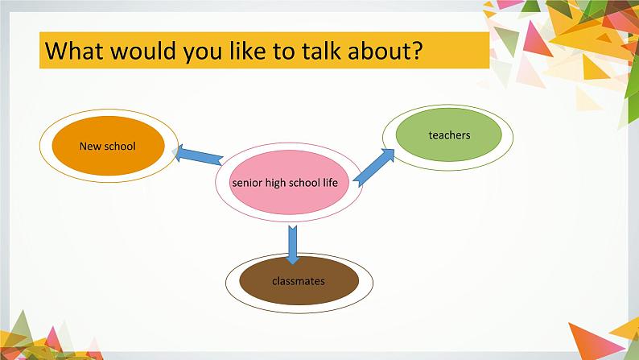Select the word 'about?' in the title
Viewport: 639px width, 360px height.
coord(385,50)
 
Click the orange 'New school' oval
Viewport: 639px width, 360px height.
coord(109,146)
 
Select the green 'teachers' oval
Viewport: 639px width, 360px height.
coord(449,134)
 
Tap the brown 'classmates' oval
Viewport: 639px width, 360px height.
coord(299,280)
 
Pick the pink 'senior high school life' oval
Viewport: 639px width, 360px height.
coord(289,182)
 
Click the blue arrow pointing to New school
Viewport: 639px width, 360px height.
coord(199,155)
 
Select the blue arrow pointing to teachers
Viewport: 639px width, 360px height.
coord(373,168)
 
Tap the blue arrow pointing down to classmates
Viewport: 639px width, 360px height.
coord(292,244)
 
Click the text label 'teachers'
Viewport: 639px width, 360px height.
coord(449,135)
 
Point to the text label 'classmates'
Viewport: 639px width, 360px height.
coord(299,281)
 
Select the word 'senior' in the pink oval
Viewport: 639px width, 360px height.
coord(247,183)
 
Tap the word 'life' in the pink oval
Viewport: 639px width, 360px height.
coord(331,182)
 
